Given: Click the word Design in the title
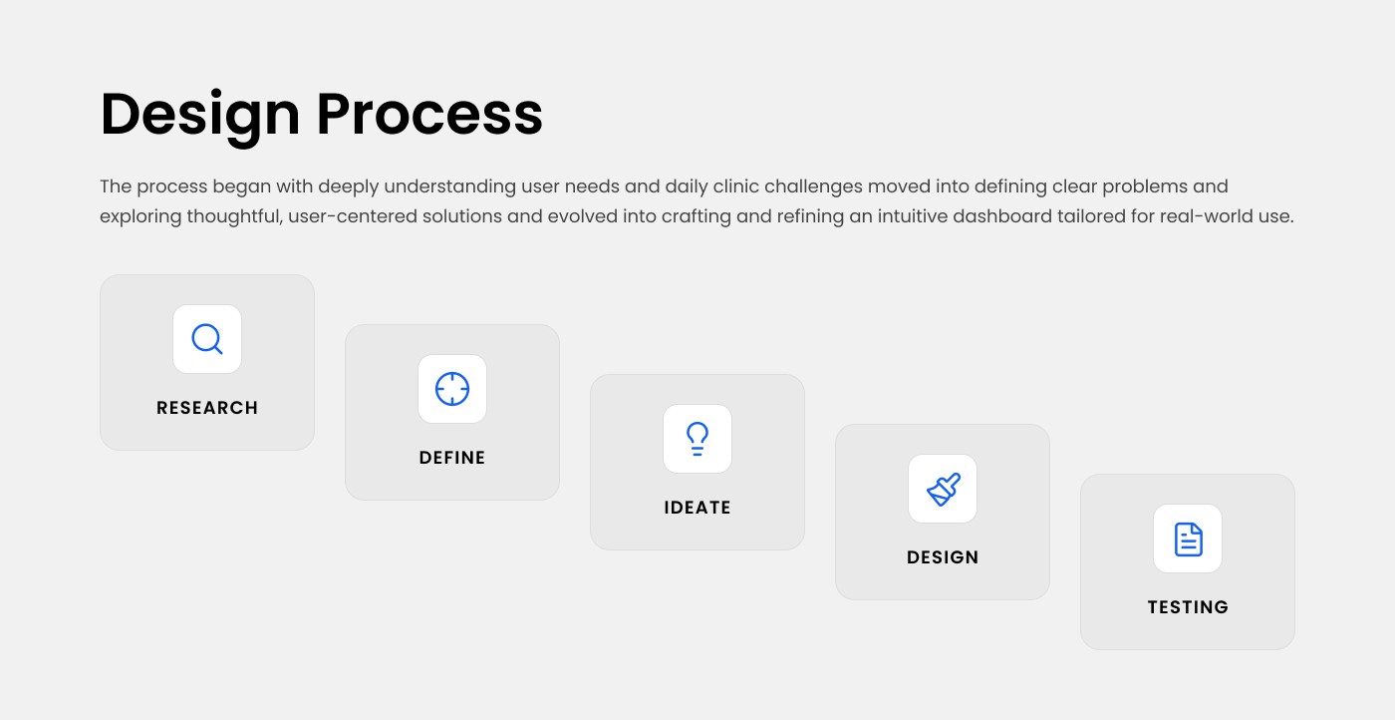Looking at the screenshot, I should click(x=199, y=114).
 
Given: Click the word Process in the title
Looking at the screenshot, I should click(x=429, y=114).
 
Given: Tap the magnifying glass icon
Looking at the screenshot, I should click(x=207, y=339).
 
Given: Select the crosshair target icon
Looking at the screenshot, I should click(x=452, y=389).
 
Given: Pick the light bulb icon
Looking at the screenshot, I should click(x=697, y=439).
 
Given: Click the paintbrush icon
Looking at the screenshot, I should click(x=943, y=489).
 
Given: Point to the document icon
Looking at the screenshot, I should click(x=1188, y=539).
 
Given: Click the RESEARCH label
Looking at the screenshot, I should click(x=207, y=408).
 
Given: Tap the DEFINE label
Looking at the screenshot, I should click(x=452, y=458).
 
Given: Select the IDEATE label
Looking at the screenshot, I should click(x=697, y=508).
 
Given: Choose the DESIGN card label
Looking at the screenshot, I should click(x=943, y=557).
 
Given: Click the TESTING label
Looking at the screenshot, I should click(x=1188, y=607).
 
